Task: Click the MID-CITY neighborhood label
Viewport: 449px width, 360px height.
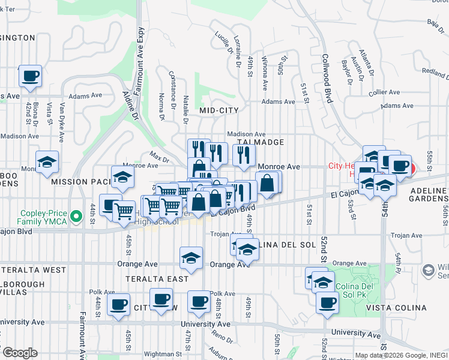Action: tap(219, 110)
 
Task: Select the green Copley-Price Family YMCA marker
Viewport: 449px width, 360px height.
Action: tap(76, 216)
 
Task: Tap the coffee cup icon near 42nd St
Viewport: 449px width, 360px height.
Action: tap(31, 76)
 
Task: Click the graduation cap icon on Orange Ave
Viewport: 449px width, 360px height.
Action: tap(191, 259)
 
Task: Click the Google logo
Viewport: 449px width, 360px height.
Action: tap(19, 353)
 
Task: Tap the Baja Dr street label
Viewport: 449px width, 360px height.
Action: tap(433, 23)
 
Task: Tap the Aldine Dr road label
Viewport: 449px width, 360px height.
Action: tap(130, 106)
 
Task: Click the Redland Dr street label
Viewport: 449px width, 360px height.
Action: tap(435, 74)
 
